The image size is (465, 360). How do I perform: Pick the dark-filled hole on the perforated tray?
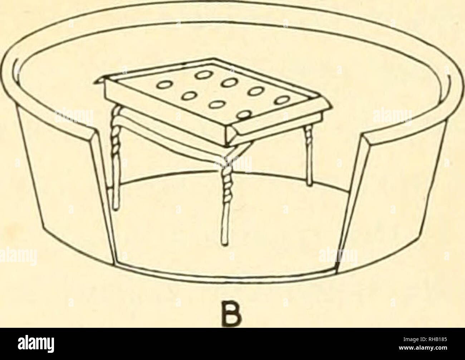244,115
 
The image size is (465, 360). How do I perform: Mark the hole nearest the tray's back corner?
200,75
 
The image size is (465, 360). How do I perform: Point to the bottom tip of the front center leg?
225,244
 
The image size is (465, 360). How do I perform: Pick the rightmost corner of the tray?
331,106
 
